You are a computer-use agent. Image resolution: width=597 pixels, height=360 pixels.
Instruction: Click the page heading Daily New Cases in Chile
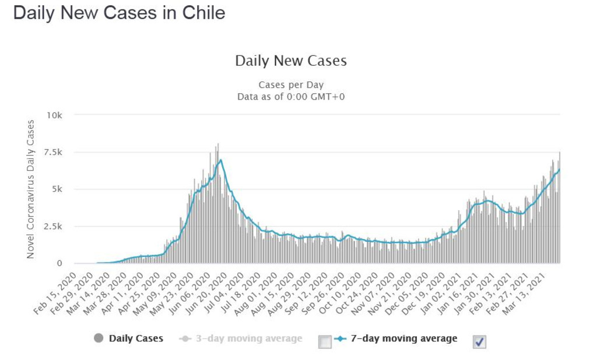(119, 13)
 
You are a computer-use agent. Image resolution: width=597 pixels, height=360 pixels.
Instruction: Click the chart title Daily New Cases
(290, 61)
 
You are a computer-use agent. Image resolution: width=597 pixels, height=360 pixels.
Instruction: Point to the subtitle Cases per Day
(290, 85)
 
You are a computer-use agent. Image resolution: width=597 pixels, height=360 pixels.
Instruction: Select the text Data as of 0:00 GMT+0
(290, 96)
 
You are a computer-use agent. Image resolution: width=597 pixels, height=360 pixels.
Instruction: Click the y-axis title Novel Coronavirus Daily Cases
(31, 189)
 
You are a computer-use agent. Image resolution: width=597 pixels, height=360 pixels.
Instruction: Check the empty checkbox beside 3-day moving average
(325, 342)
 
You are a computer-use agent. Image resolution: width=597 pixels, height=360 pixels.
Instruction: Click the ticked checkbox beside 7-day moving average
(479, 342)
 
